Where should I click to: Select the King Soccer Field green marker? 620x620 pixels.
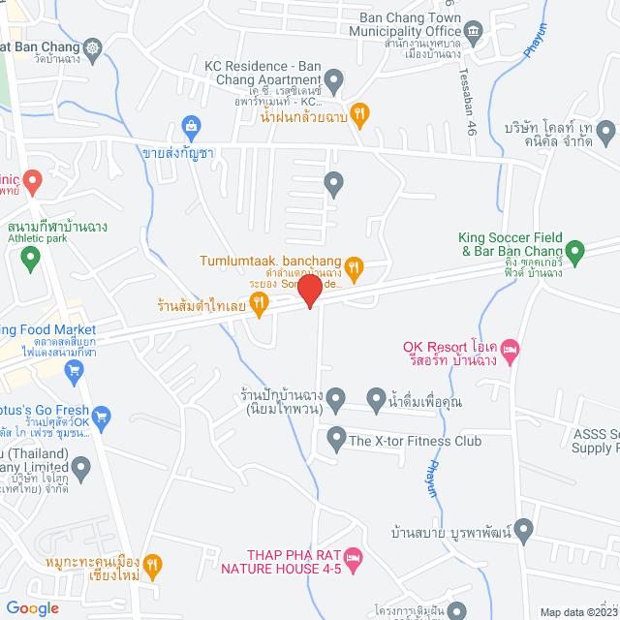(574, 254)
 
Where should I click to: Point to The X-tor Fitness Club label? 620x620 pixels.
(415, 441)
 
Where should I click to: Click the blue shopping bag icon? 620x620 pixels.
(191, 126)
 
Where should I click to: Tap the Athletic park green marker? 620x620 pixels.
(30, 258)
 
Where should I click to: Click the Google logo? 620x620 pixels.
(32, 608)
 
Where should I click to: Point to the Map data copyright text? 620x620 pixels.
(578, 611)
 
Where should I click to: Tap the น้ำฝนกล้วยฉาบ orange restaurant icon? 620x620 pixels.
(359, 114)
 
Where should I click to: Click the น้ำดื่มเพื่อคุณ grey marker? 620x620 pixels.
(377, 398)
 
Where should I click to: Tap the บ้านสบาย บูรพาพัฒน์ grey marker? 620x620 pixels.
(524, 530)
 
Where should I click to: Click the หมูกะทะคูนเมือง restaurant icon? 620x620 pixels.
(153, 565)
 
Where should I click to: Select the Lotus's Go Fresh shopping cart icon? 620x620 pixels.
(101, 417)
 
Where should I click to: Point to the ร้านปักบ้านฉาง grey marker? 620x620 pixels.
(335, 398)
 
